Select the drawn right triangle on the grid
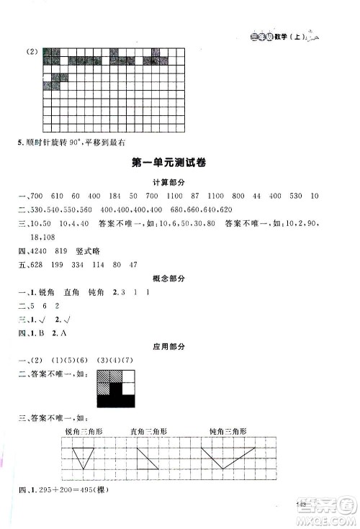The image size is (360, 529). point(147,458)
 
